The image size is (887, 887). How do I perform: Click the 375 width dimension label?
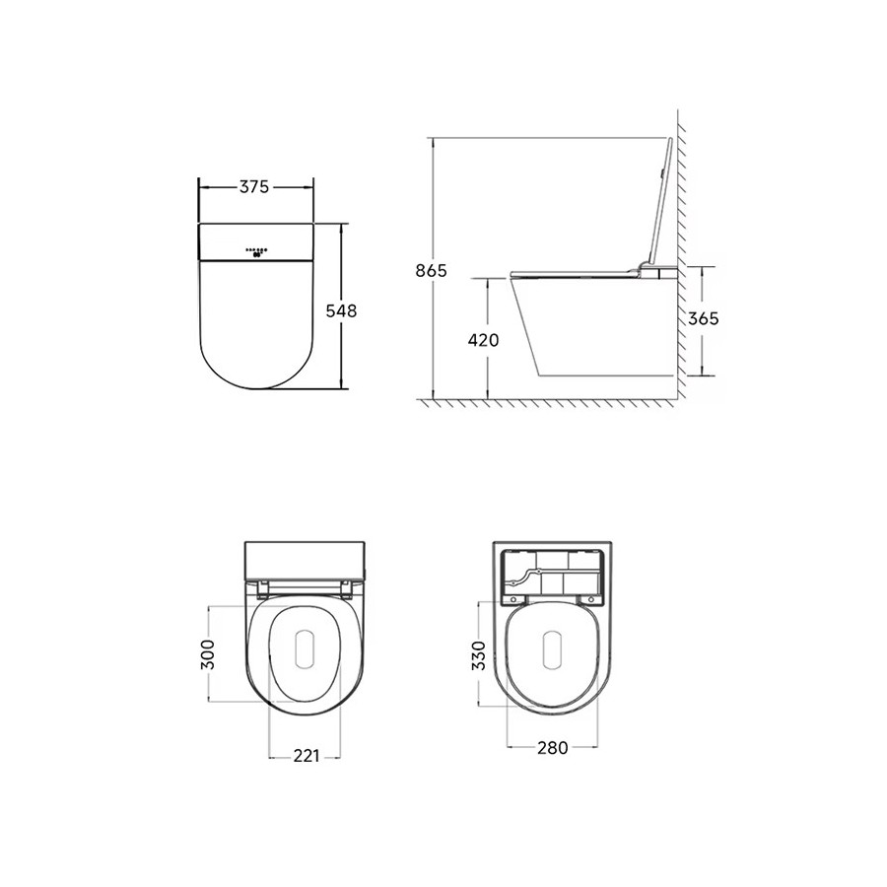click(x=255, y=188)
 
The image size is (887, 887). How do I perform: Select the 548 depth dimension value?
click(x=341, y=309)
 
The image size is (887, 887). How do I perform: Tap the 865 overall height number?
click(x=432, y=270)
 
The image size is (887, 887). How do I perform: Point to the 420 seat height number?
click(x=483, y=340)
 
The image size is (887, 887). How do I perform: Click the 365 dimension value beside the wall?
click(x=703, y=318)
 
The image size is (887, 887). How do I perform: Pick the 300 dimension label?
click(x=208, y=652)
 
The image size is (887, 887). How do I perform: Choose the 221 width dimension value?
click(x=306, y=756)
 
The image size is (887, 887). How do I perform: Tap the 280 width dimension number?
click(x=552, y=748)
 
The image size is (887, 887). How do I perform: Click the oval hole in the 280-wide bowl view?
click(x=552, y=651)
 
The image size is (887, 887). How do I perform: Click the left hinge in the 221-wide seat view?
click(x=261, y=590)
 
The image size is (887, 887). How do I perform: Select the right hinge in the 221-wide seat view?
click(x=348, y=590)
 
